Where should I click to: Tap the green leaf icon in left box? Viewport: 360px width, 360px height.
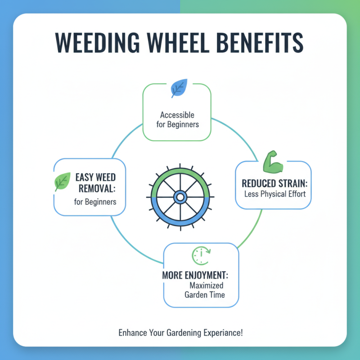point(61,182)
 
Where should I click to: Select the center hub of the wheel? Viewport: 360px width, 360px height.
point(180,197)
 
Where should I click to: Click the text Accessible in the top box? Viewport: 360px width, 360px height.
point(177,115)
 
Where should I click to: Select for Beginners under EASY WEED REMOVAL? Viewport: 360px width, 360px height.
point(95,202)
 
